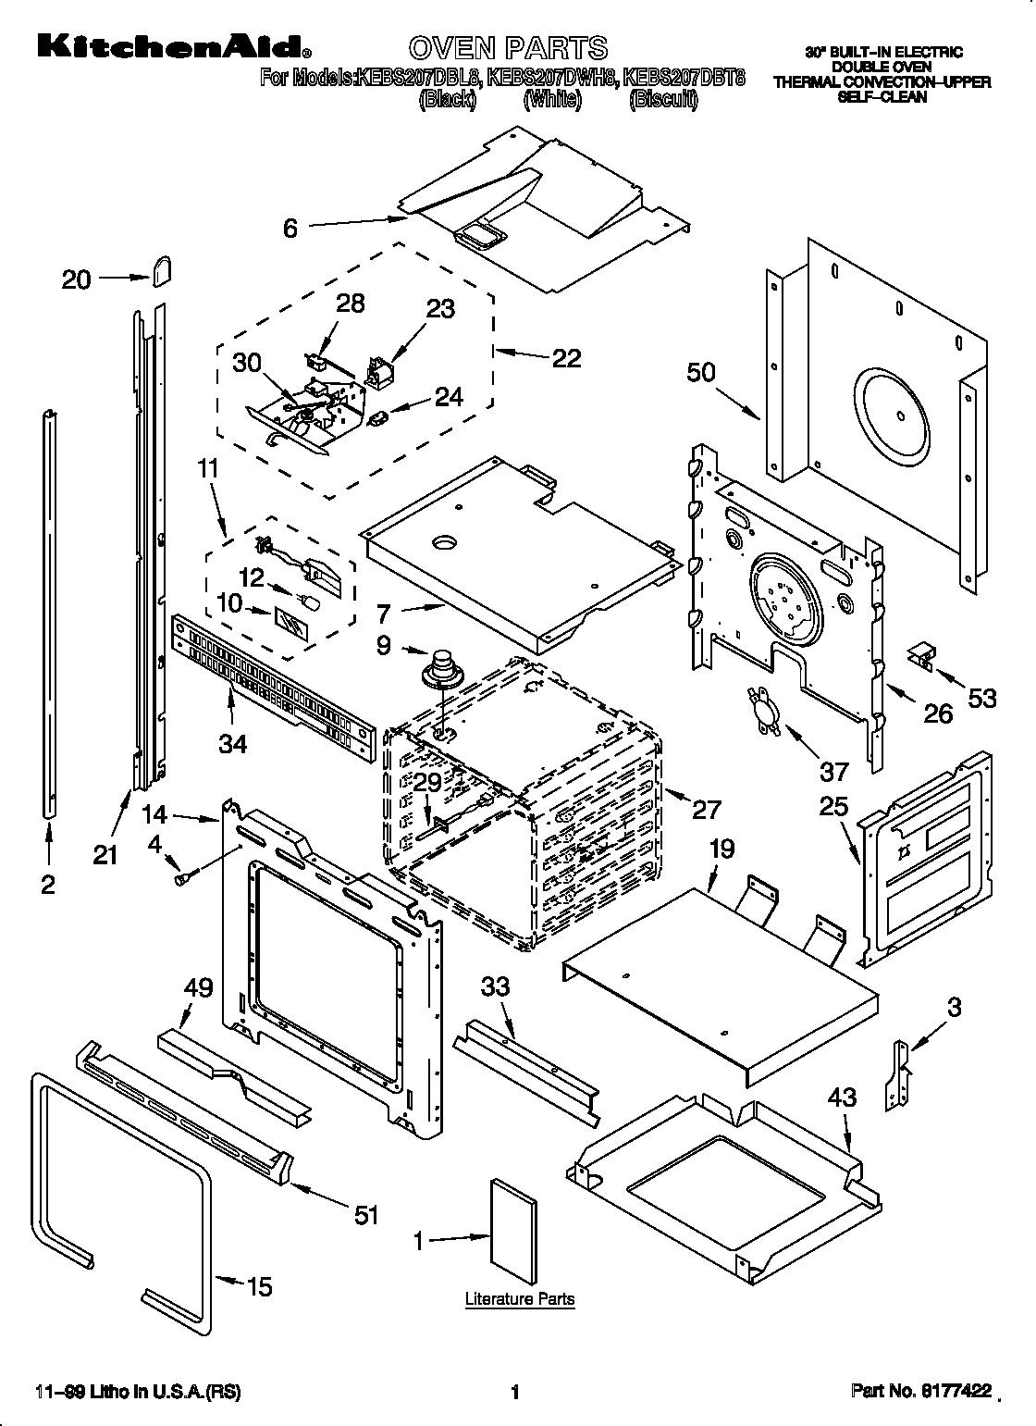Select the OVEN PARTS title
[x=508, y=47]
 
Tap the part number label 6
[x=290, y=228]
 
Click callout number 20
[x=77, y=279]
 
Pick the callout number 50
[x=701, y=372]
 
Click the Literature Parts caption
[x=519, y=1299]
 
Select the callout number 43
[x=842, y=1097]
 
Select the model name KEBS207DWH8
[x=550, y=78]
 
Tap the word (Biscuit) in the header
[x=662, y=100]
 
